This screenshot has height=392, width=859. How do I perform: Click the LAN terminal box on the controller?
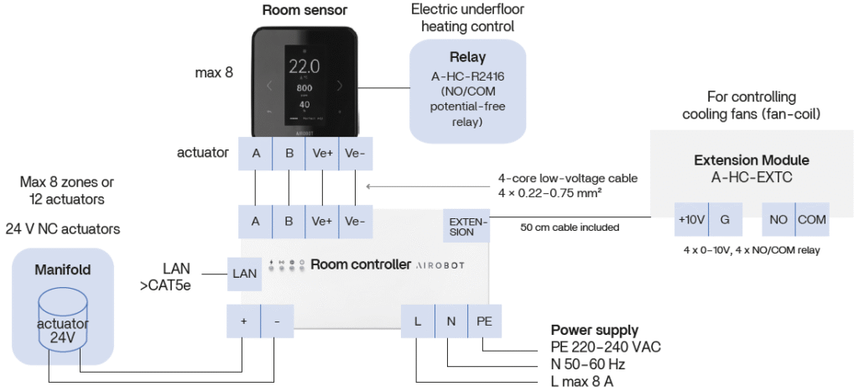(244, 273)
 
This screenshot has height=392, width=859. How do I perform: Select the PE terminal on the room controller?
(485, 321)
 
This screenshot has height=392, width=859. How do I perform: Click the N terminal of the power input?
(450, 321)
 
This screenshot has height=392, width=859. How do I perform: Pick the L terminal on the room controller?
(417, 321)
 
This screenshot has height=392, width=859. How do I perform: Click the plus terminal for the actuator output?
(244, 321)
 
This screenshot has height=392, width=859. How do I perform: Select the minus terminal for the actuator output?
(278, 321)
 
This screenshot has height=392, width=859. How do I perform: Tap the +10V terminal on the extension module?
(692, 219)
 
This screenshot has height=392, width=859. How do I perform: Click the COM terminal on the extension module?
(812, 219)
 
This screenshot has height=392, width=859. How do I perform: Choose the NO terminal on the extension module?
(778, 219)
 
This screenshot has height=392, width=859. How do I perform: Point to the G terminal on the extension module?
(726, 219)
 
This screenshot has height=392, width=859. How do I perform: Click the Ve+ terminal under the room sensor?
(321, 154)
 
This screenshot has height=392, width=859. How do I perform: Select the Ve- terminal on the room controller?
(355, 222)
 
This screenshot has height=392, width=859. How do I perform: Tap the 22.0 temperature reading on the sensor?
(304, 66)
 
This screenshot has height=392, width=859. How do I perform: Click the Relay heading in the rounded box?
(467, 59)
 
